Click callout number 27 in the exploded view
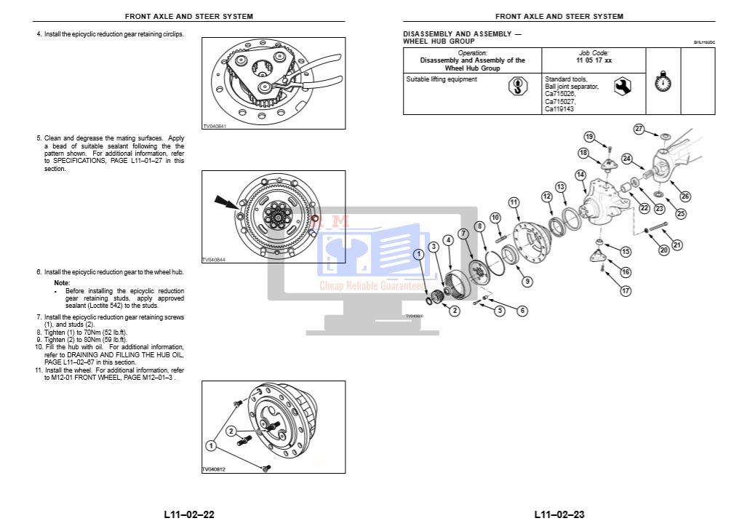click(x=639, y=129)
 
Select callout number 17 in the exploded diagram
click(x=626, y=291)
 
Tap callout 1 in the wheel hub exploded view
click(x=419, y=254)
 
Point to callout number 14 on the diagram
click(x=580, y=175)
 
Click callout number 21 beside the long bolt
click(x=677, y=245)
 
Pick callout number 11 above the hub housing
click(x=514, y=202)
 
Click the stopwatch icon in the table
click(x=661, y=81)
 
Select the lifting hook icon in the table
click(x=518, y=87)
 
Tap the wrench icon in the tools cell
click(x=622, y=87)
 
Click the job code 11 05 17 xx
click(x=594, y=60)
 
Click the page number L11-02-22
click(x=189, y=514)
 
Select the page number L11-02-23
click(x=559, y=514)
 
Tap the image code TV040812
click(x=214, y=469)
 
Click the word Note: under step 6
click(x=63, y=282)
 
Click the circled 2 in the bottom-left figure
click(x=231, y=431)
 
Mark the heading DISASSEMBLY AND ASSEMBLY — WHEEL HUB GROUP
click(x=461, y=38)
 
